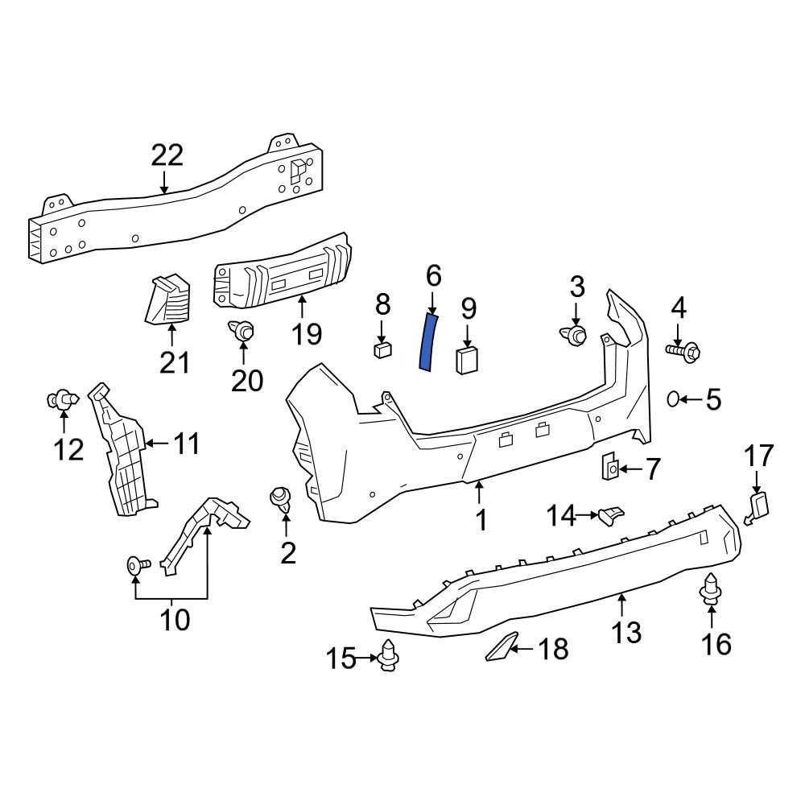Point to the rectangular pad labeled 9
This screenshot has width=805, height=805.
(x=468, y=360)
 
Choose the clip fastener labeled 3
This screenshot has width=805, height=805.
(x=574, y=336)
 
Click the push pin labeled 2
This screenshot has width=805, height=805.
(x=282, y=498)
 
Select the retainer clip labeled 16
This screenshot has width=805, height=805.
(x=711, y=589)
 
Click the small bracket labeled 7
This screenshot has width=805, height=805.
(x=611, y=466)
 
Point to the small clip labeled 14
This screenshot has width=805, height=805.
(x=613, y=513)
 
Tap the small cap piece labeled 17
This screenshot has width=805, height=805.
(x=758, y=506)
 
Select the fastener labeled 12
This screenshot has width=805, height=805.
(x=62, y=398)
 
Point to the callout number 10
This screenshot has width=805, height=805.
(x=175, y=620)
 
